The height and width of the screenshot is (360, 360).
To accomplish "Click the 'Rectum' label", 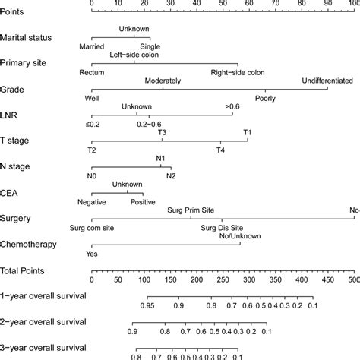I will click(91, 73).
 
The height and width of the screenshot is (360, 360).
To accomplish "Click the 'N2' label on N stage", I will click(172, 176).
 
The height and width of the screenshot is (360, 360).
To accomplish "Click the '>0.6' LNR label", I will click(232, 107).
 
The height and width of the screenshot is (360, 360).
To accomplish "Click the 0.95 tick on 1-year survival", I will click(147, 305).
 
